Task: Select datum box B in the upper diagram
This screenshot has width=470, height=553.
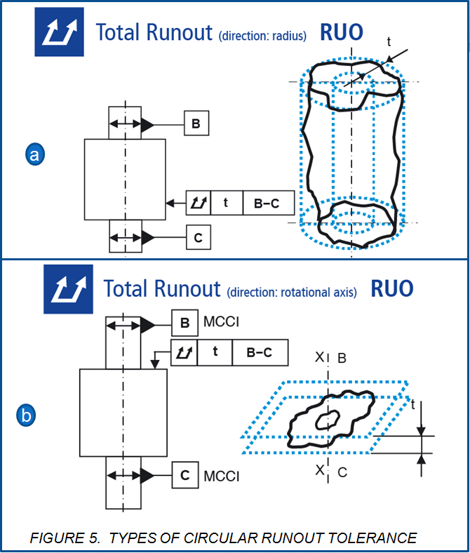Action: pyautogui.click(x=196, y=125)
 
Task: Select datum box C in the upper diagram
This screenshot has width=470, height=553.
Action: pyautogui.click(x=199, y=238)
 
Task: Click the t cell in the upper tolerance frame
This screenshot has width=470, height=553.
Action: pyautogui.click(x=227, y=203)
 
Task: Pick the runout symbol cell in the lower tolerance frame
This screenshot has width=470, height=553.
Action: pyautogui.click(x=184, y=352)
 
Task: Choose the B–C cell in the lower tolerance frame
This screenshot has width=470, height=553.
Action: pyautogui.click(x=260, y=352)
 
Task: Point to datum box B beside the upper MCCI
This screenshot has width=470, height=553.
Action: pyautogui.click(x=185, y=324)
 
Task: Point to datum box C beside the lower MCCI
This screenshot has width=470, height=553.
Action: pyautogui.click(x=185, y=476)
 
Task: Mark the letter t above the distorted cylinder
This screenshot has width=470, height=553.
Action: pyautogui.click(x=389, y=41)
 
